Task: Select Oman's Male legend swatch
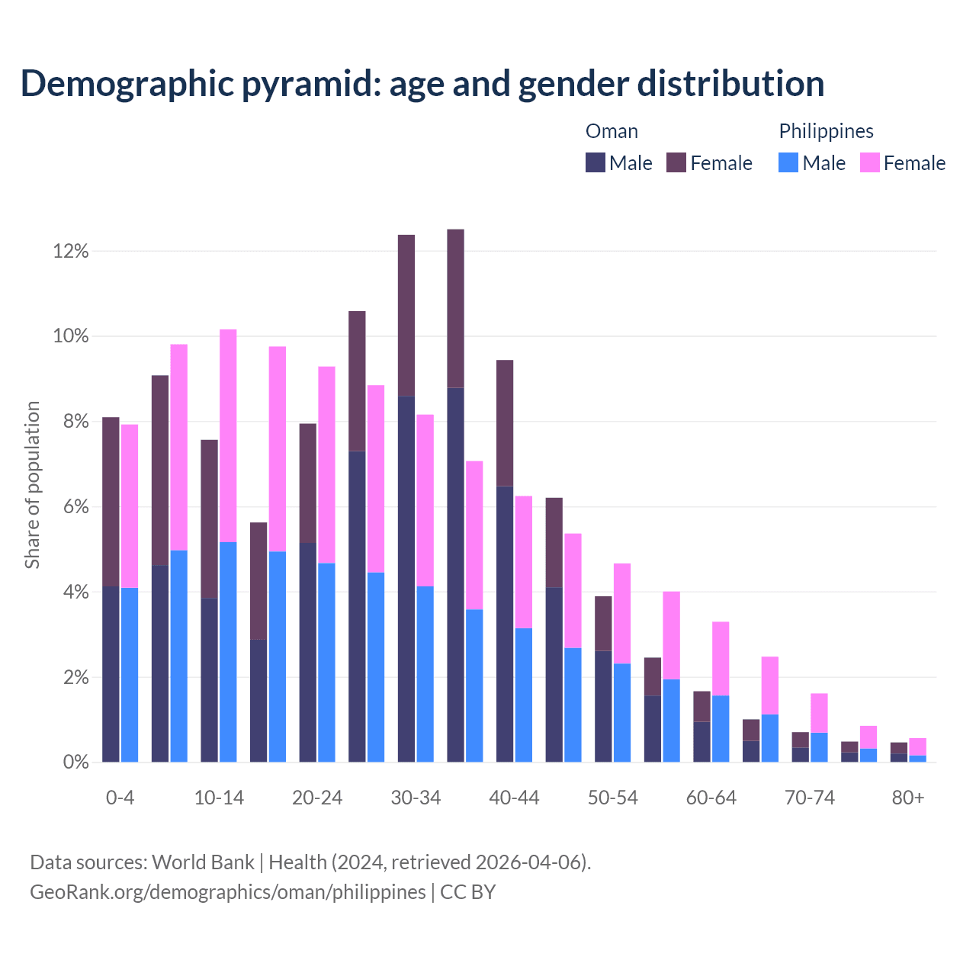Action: coord(596,162)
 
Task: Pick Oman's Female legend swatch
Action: coord(676,162)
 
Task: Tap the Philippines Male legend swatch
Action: coord(788,162)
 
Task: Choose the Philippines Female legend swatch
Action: coord(870,162)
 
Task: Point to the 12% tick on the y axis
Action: coord(71,251)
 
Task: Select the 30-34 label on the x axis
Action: coord(416,798)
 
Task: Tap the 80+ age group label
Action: coord(908,798)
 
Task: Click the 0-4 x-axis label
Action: coord(120,798)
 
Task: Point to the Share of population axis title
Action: coord(32,485)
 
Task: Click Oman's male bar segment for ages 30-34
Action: coord(406,579)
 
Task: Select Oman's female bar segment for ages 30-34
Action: coord(406,315)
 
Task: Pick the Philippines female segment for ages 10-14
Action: coord(228,435)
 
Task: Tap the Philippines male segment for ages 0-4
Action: coord(130,675)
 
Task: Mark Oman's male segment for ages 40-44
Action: coord(505,624)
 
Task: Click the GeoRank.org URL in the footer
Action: coord(228,891)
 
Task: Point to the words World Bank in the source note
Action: coord(203,862)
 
